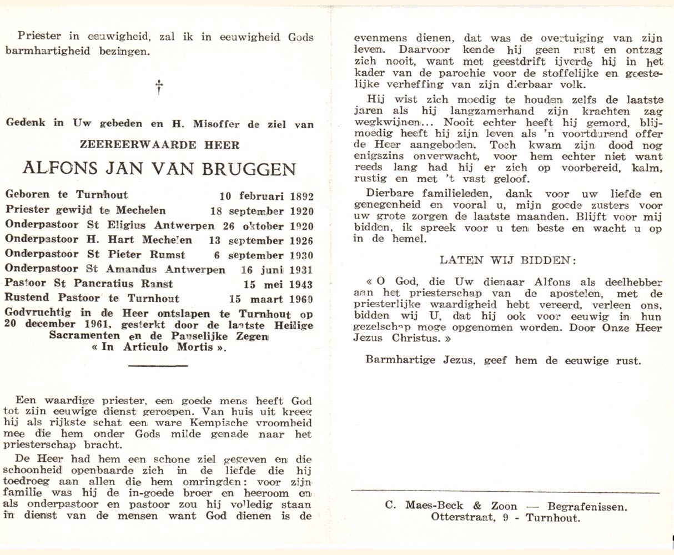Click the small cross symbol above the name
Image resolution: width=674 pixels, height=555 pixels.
159,87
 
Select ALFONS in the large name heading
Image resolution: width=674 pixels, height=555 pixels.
55,168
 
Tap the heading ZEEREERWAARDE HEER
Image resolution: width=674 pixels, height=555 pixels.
160,145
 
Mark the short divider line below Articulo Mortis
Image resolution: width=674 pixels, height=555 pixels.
158,366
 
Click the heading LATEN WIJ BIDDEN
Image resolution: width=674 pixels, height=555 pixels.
508,260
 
